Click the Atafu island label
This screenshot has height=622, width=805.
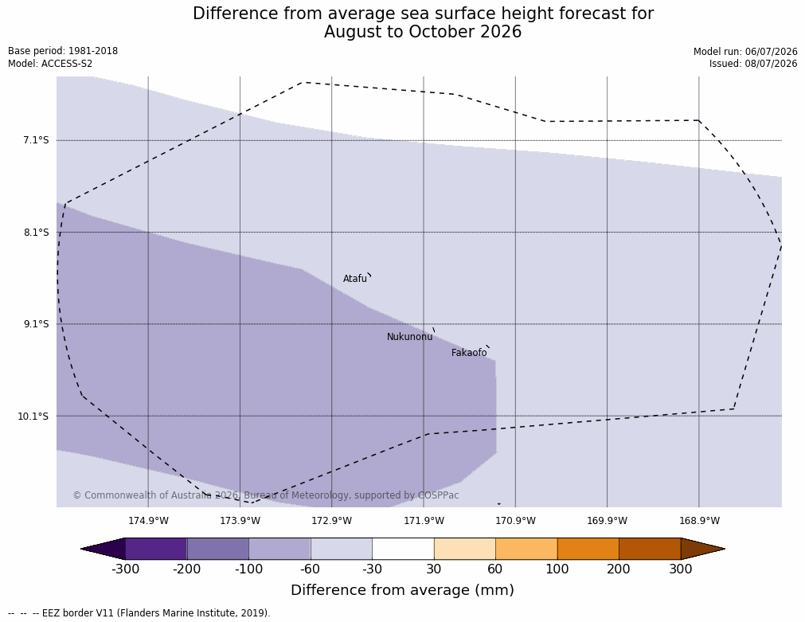tap(355, 279)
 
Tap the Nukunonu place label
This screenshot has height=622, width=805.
tap(410, 337)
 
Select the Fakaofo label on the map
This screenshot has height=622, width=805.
tap(469, 353)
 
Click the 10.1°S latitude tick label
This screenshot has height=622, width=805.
tap(33, 416)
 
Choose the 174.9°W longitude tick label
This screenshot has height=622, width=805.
tap(148, 521)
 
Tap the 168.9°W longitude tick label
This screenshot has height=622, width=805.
tap(699, 521)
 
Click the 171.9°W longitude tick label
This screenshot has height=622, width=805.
tap(424, 521)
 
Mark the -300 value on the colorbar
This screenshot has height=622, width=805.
tap(125, 569)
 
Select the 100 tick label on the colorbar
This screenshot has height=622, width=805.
tap(557, 569)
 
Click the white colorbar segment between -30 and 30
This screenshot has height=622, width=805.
tap(403, 549)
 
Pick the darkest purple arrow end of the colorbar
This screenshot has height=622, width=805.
tap(104, 549)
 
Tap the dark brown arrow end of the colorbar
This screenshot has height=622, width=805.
tap(703, 549)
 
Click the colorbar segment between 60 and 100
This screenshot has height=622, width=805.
tap(526, 549)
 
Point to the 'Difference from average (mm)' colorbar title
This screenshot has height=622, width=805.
tap(403, 589)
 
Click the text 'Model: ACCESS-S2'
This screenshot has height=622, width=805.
tap(50, 64)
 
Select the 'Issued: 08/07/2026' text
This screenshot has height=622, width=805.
tap(753, 64)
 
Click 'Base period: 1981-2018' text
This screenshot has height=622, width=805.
tap(63, 51)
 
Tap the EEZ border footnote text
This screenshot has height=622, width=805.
tap(139, 613)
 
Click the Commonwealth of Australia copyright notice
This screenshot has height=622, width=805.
tap(265, 495)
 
